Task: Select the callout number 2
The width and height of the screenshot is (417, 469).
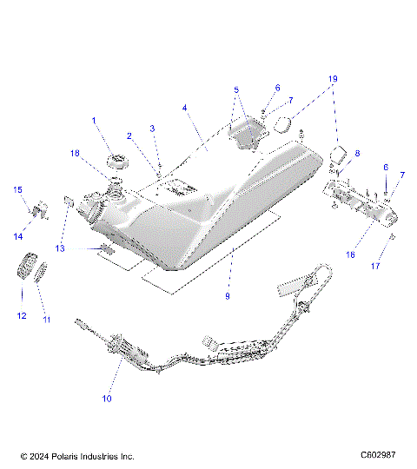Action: click(129, 136)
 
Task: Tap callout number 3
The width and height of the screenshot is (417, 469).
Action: click(153, 129)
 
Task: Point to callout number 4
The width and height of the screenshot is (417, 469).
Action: click(185, 108)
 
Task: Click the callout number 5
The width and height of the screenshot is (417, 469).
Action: click(235, 89)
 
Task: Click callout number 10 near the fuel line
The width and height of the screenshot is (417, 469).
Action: click(108, 399)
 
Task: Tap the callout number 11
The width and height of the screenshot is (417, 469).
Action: click(46, 320)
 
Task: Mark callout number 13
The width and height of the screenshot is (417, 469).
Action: click(60, 248)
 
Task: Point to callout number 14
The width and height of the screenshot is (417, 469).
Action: click(17, 235)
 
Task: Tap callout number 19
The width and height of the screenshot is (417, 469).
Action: click(332, 77)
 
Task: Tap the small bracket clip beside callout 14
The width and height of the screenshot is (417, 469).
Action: click(36, 209)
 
